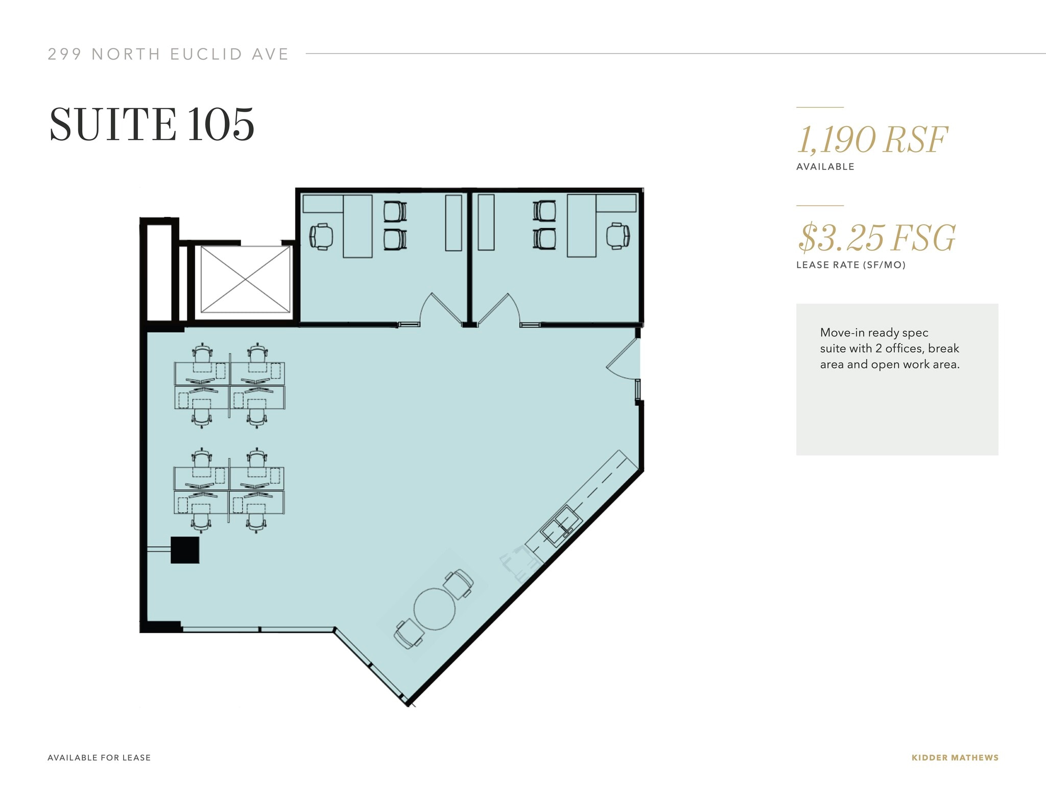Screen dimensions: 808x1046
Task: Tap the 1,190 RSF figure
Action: (872, 140)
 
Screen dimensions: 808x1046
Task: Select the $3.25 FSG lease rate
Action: (876, 238)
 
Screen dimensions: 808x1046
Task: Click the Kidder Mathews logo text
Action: (955, 757)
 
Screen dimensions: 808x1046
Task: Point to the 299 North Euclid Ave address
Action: (168, 54)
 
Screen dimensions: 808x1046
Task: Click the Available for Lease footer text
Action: (99, 757)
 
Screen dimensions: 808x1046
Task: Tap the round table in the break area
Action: (434, 609)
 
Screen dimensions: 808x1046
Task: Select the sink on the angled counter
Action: (561, 525)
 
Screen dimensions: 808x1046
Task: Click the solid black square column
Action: (184, 550)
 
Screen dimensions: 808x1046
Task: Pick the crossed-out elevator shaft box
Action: (246, 279)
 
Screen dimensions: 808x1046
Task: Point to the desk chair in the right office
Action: (617, 236)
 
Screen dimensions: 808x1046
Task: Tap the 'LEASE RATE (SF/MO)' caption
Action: (850, 265)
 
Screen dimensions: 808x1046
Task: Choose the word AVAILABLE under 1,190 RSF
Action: (825, 167)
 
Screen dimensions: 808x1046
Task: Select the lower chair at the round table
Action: (409, 634)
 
